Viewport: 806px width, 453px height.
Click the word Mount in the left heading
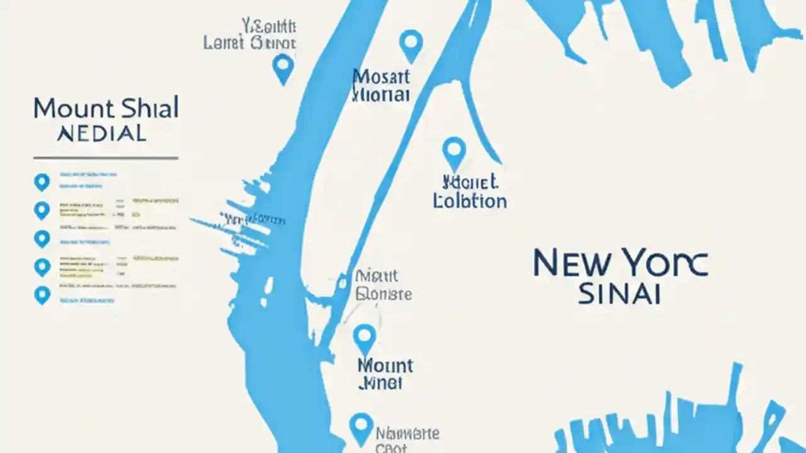coord(71,109)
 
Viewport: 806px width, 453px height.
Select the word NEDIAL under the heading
coord(101,133)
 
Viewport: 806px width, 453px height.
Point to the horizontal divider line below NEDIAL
coord(106,158)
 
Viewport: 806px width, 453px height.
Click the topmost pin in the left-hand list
coord(42,182)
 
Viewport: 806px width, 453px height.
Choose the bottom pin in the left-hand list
coord(42,294)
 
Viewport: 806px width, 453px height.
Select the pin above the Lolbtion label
coord(454,152)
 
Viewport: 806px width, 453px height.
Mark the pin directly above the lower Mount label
coord(365,338)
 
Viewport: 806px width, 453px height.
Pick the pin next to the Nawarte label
coord(361,428)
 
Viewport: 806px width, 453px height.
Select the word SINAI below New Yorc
coord(619,294)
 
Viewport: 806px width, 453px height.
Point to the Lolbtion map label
coord(470,201)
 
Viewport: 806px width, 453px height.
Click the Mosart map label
coord(381,77)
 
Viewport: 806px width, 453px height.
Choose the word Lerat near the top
coord(224,43)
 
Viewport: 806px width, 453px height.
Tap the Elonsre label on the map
coord(383,294)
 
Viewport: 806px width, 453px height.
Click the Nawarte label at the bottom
coord(407,433)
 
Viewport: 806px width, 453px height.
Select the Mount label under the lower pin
coord(385,366)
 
